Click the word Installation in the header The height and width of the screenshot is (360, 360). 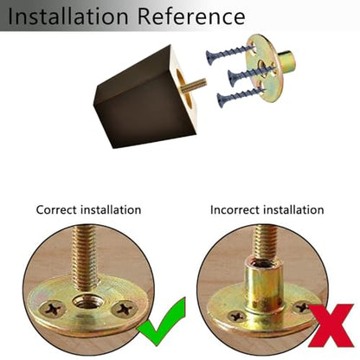tap(67, 16)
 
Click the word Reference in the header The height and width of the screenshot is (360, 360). tap(191, 16)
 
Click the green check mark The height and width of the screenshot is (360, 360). tap(162, 322)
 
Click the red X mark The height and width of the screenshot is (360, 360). tap(331, 325)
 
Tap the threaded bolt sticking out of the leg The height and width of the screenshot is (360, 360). tap(194, 85)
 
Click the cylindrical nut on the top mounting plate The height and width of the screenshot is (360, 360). tap(287, 60)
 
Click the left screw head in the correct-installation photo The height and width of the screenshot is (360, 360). tap(52, 309)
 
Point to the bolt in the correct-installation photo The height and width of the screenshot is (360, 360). tap(86, 258)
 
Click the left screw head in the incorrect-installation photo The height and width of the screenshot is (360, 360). tap(236, 316)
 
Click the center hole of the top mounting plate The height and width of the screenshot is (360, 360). tap(260, 65)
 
